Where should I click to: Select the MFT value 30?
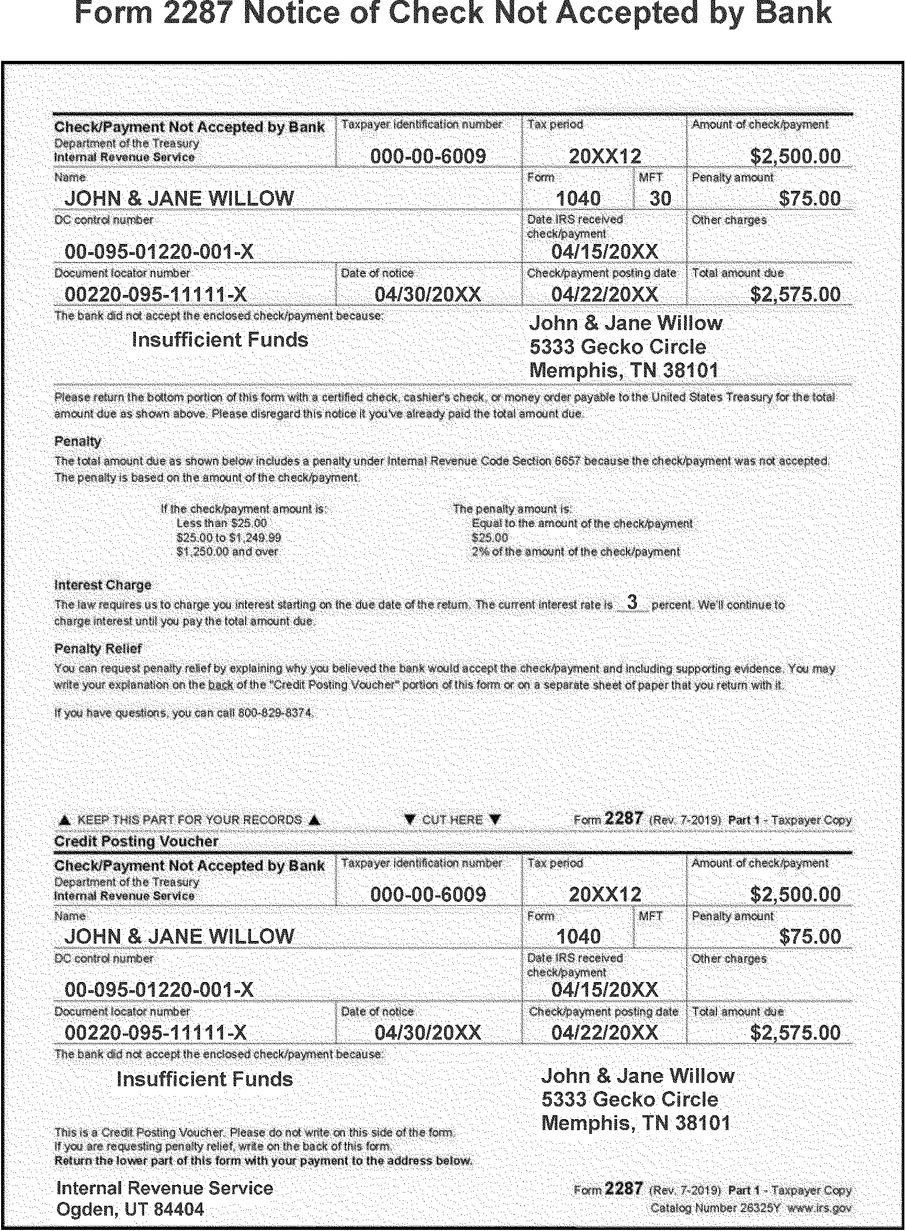660,198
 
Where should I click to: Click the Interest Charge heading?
102,585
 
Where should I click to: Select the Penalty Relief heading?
98,649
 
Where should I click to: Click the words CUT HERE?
452,820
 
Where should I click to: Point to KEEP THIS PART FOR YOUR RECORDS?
190,820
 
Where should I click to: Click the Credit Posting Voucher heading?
136,841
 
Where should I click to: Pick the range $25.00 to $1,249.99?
229,537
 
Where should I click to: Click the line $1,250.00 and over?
227,552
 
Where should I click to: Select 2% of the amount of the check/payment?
575,552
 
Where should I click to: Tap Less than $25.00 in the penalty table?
221,523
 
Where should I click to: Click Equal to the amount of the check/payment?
582,523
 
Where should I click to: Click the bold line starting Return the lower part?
263,1161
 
